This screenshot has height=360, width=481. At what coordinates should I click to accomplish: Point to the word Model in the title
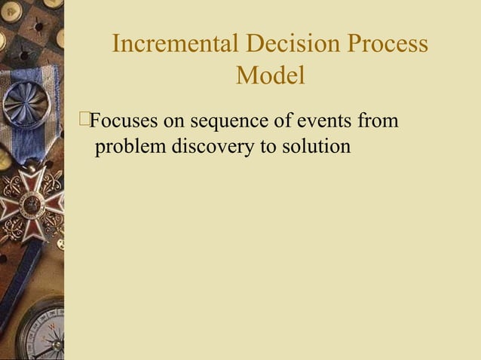(270, 75)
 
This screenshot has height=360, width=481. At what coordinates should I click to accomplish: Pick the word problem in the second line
(130, 145)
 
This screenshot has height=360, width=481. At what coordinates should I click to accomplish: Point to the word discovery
(213, 145)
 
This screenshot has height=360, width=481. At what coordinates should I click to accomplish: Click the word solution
(315, 145)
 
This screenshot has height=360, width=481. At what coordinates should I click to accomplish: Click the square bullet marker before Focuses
(83, 119)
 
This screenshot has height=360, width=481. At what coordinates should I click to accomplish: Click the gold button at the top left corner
(11, 11)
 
